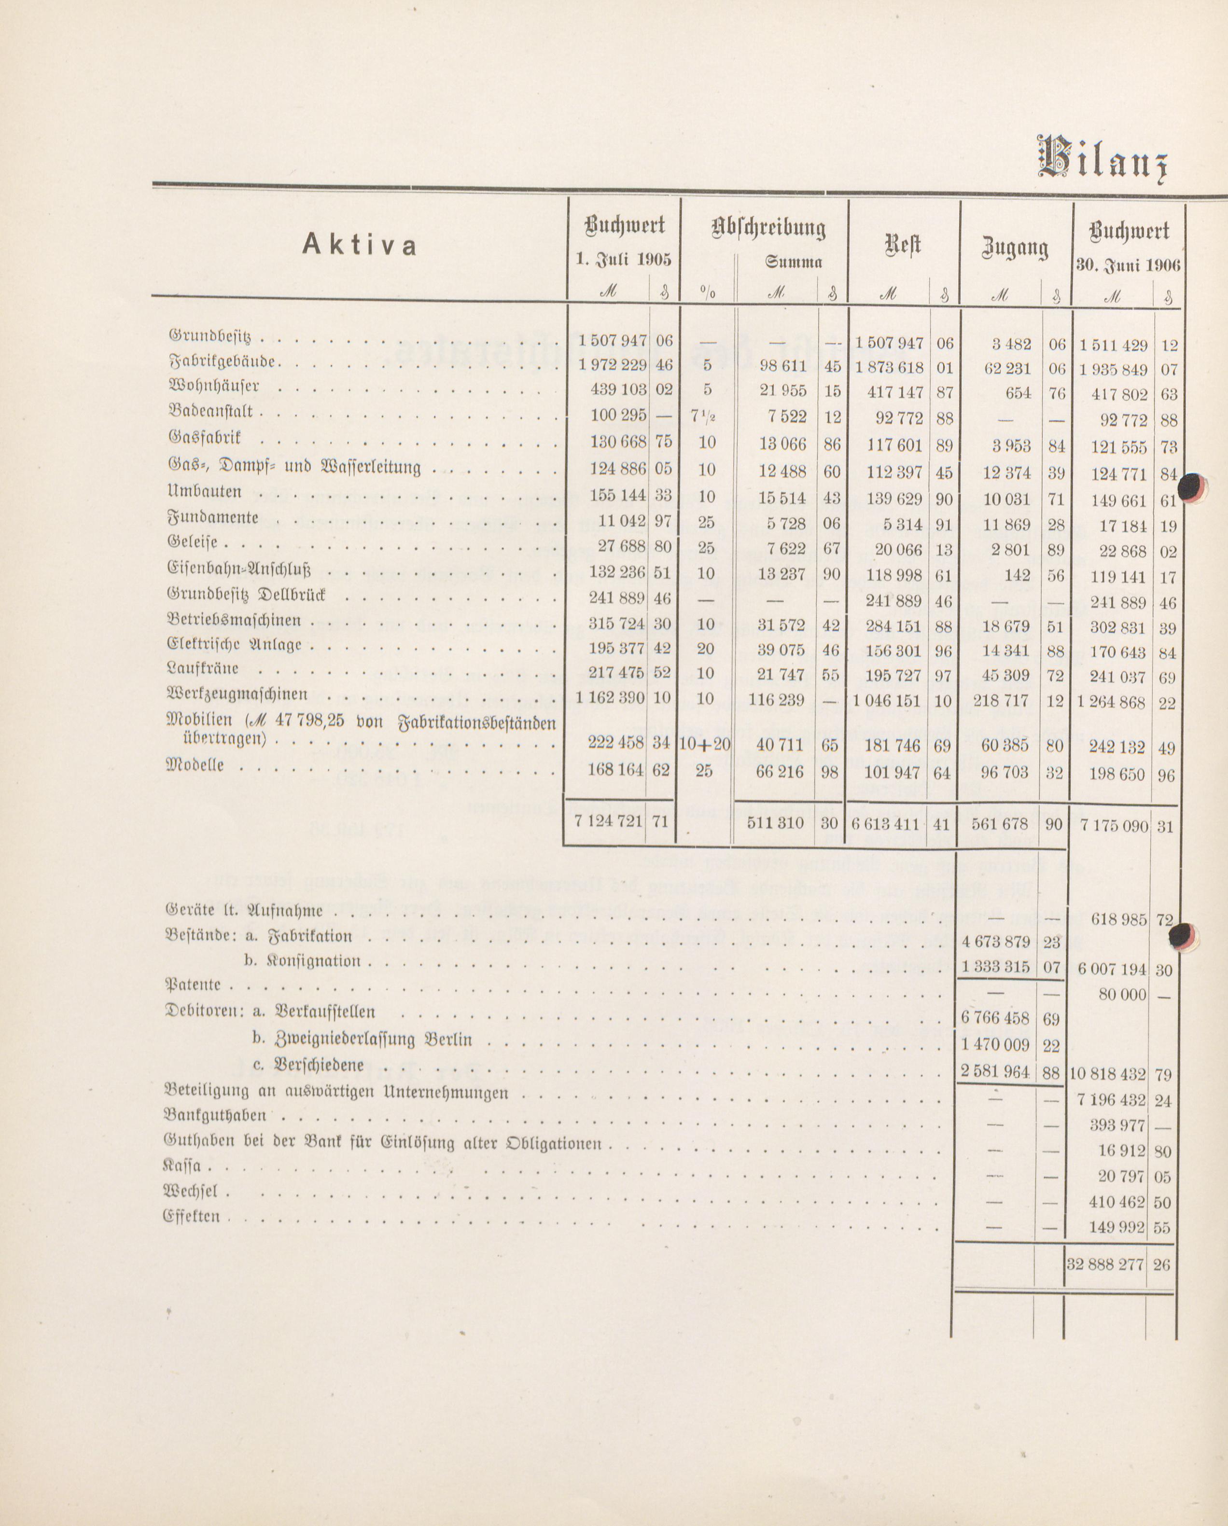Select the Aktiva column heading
pos(360,244)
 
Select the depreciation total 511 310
pos(777,822)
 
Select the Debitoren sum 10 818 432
pos(1108,1074)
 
